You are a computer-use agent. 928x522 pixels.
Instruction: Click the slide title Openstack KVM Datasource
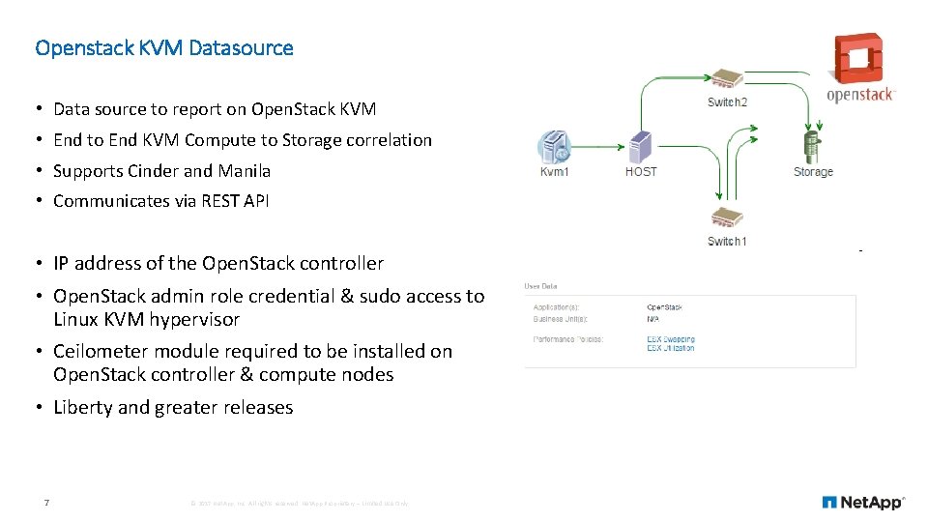(x=163, y=47)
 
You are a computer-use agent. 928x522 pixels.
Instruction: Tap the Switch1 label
(x=727, y=241)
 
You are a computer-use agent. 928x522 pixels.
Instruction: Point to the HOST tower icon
(x=640, y=147)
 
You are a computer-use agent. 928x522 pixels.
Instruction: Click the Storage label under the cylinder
(x=813, y=171)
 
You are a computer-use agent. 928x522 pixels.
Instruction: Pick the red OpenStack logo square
(x=858, y=60)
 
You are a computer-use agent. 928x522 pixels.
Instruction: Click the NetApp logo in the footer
(x=862, y=502)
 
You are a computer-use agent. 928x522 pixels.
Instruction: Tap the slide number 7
(x=46, y=502)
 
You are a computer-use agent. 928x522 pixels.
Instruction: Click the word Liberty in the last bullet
(x=83, y=408)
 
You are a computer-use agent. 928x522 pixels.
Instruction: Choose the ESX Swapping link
(x=671, y=339)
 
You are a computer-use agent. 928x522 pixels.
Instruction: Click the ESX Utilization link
(x=671, y=348)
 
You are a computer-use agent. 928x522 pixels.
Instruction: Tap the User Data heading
(x=540, y=286)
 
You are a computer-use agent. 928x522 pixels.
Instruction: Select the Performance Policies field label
(x=569, y=339)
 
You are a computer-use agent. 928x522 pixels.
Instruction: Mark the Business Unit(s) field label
(x=562, y=318)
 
